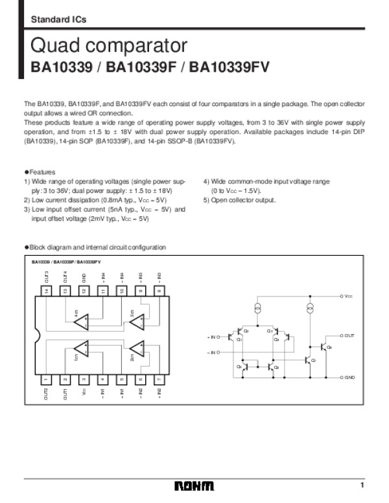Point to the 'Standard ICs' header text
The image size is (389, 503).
click(x=58, y=20)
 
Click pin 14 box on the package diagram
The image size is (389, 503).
click(x=46, y=291)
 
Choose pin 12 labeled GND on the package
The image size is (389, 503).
click(x=84, y=291)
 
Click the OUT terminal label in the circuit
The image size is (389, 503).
click(x=349, y=336)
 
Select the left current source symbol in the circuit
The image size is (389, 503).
click(x=257, y=306)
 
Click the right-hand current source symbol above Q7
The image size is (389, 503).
click(x=310, y=306)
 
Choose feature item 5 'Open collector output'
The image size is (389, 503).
click(x=239, y=200)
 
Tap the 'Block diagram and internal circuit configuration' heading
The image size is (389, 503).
click(x=95, y=247)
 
